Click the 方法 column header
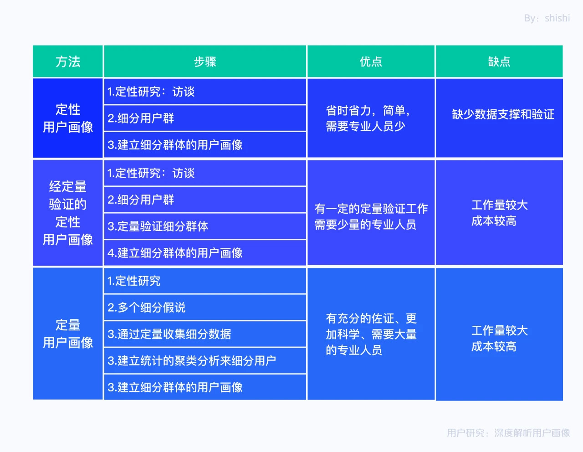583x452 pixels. (x=68, y=62)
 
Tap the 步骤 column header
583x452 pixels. (x=205, y=62)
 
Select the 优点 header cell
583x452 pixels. (x=371, y=62)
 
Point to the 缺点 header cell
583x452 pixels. (x=499, y=62)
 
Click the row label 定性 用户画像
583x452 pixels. (x=68, y=118)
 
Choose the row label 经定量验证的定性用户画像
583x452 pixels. (x=68, y=213)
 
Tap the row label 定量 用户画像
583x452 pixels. (x=68, y=334)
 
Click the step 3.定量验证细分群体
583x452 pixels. (x=158, y=226)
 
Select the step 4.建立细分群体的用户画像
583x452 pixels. (x=175, y=253)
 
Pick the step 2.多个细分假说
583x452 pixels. (x=147, y=307)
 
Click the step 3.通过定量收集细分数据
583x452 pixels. (x=169, y=334)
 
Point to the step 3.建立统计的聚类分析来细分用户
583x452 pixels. (x=192, y=360)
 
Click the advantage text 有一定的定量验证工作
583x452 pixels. (x=371, y=209)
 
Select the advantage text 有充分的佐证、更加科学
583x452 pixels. (x=371, y=326)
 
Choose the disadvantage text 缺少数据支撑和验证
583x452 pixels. (x=503, y=114)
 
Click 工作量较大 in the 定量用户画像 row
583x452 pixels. (x=500, y=330)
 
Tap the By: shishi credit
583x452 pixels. (x=547, y=18)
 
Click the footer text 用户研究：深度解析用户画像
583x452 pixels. (x=508, y=433)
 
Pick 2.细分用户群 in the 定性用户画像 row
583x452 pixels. (x=141, y=118)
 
